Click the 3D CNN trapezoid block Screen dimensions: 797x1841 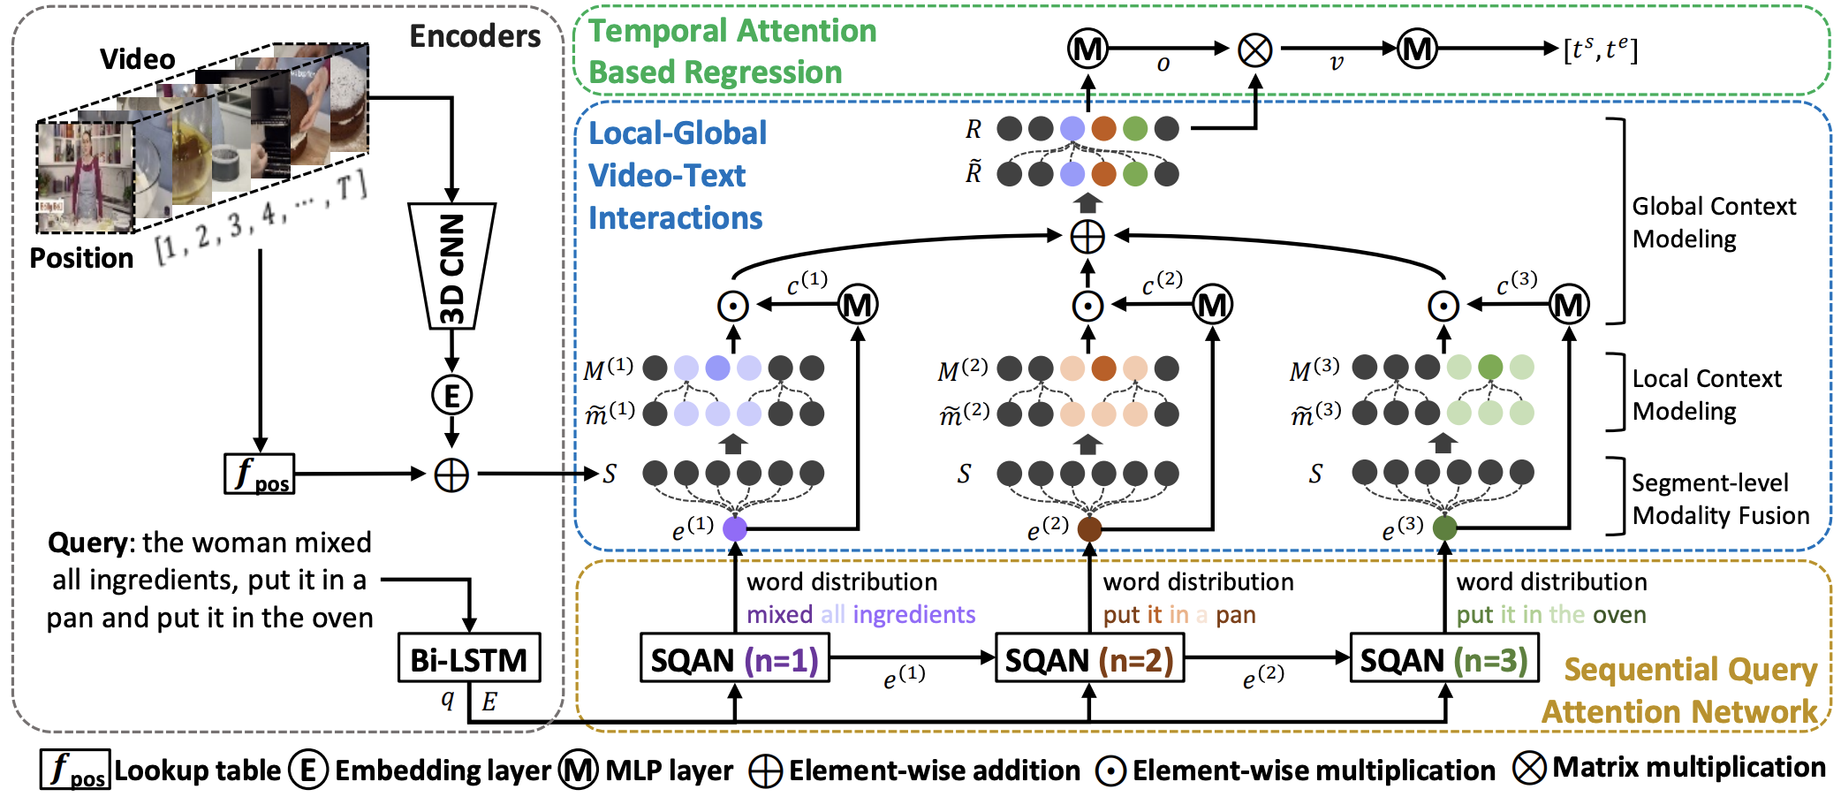[451, 266]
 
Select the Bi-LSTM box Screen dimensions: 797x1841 [468, 658]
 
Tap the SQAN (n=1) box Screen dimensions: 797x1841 [734, 659]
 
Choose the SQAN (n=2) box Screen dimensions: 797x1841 [1089, 659]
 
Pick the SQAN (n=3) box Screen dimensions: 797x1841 [1444, 659]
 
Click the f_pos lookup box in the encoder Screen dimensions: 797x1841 [259, 474]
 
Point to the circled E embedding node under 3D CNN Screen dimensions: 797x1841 [451, 395]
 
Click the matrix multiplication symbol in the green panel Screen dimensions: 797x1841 [1254, 49]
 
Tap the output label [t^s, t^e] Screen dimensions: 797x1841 [1600, 49]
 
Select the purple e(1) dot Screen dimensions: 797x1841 [735, 528]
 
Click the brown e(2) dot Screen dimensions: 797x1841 [1089, 528]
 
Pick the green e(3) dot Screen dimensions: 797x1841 [1444, 528]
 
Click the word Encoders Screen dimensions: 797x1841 [475, 36]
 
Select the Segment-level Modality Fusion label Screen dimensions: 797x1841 [1719, 499]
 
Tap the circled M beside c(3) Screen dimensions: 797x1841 [1569, 305]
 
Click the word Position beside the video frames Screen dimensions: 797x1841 [81, 258]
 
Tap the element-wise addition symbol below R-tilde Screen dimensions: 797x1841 [1087, 236]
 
